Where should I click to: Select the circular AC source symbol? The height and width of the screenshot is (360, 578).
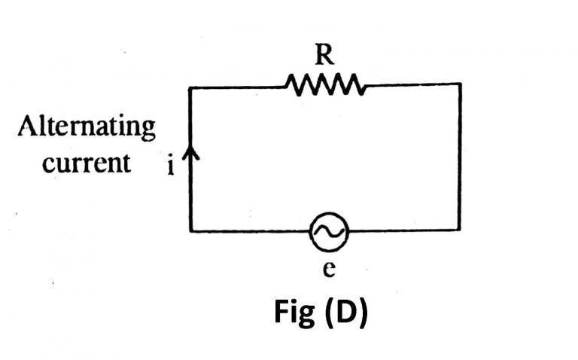[x=329, y=232]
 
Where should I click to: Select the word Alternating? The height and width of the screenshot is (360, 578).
[x=87, y=127]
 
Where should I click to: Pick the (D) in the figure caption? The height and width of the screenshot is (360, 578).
[x=346, y=313]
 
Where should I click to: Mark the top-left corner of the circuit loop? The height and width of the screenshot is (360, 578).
[x=190, y=87]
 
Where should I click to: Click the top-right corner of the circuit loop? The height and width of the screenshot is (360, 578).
[x=460, y=85]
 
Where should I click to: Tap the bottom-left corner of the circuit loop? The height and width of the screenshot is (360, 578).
[x=190, y=230]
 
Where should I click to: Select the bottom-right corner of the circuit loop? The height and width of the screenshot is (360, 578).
[x=460, y=230]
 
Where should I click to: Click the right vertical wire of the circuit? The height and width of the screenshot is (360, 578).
[x=460, y=158]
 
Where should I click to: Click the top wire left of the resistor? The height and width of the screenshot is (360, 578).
[x=237, y=87]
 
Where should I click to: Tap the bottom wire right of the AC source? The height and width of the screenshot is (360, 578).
[x=403, y=230]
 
